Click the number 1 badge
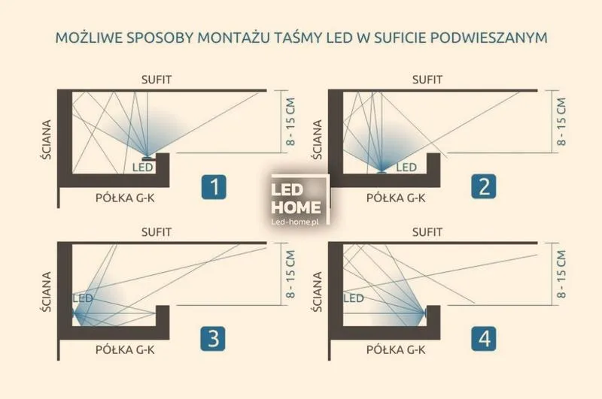point(214,186)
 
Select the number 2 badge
point(484,186)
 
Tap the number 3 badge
point(213,339)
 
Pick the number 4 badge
point(484,339)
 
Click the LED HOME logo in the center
point(296,198)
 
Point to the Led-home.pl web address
point(295,222)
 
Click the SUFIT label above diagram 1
point(157,80)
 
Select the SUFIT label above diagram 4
point(427,232)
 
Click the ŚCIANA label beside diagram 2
point(318,140)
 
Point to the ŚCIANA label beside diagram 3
point(47,292)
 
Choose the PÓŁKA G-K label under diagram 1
point(125,198)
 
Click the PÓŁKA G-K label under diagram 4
point(396,350)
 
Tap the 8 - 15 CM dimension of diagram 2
point(561,122)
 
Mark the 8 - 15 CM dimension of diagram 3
point(290,274)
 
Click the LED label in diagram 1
point(143,167)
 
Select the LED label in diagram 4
point(354,298)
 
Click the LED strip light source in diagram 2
point(382,172)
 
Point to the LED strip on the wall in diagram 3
point(73,313)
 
